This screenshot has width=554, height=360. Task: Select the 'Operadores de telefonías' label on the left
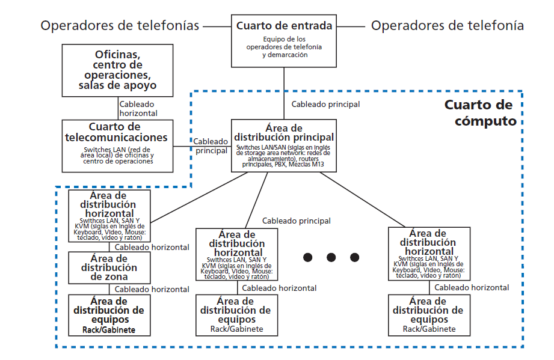click(x=120, y=26)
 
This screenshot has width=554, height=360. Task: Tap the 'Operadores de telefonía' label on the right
click(x=448, y=26)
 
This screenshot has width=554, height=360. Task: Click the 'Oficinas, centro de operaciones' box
click(x=117, y=70)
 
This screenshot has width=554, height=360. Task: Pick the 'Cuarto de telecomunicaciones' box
click(x=117, y=144)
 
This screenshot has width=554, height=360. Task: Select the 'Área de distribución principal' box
click(x=283, y=145)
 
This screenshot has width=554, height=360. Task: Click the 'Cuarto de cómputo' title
click(x=480, y=112)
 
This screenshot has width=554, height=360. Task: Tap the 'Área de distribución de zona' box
click(x=109, y=267)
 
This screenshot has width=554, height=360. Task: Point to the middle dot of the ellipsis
click(x=331, y=257)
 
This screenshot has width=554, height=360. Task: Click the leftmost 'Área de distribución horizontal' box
click(x=109, y=216)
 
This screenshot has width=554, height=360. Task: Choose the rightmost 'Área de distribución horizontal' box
click(x=428, y=253)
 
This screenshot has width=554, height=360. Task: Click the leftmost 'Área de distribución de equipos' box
click(x=109, y=314)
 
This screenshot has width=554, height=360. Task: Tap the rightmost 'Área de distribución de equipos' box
click(x=428, y=314)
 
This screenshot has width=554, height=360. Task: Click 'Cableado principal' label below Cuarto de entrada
click(x=325, y=104)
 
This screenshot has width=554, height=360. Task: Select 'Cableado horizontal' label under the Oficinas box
click(x=138, y=108)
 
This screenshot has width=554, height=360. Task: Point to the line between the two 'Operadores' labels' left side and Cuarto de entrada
click(x=217, y=26)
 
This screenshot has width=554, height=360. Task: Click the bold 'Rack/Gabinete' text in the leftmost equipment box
click(x=109, y=330)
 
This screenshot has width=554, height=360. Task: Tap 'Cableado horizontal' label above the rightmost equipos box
click(x=472, y=287)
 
